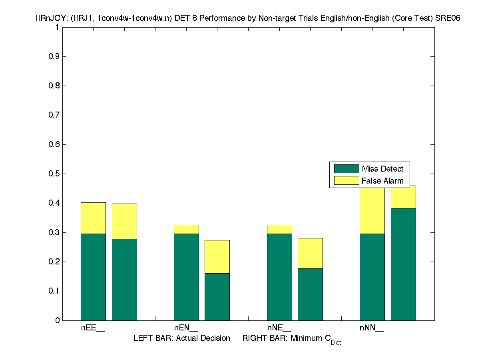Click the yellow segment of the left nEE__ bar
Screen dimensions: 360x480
pyautogui.click(x=93, y=218)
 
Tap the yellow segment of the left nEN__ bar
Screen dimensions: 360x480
pyautogui.click(x=186, y=229)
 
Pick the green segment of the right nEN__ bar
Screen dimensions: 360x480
pyautogui.click(x=217, y=296)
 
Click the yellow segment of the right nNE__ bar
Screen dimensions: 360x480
pyautogui.click(x=310, y=253)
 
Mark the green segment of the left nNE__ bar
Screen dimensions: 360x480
pyautogui.click(x=279, y=277)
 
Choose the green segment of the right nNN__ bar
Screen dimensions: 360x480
pyautogui.click(x=403, y=264)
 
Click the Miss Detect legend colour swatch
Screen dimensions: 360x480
pyautogui.click(x=347, y=169)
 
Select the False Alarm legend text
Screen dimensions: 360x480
pyautogui.click(x=382, y=181)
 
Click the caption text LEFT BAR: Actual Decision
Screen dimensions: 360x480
pyautogui.click(x=182, y=338)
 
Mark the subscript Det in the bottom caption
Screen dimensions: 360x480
pyautogui.click(x=336, y=343)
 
